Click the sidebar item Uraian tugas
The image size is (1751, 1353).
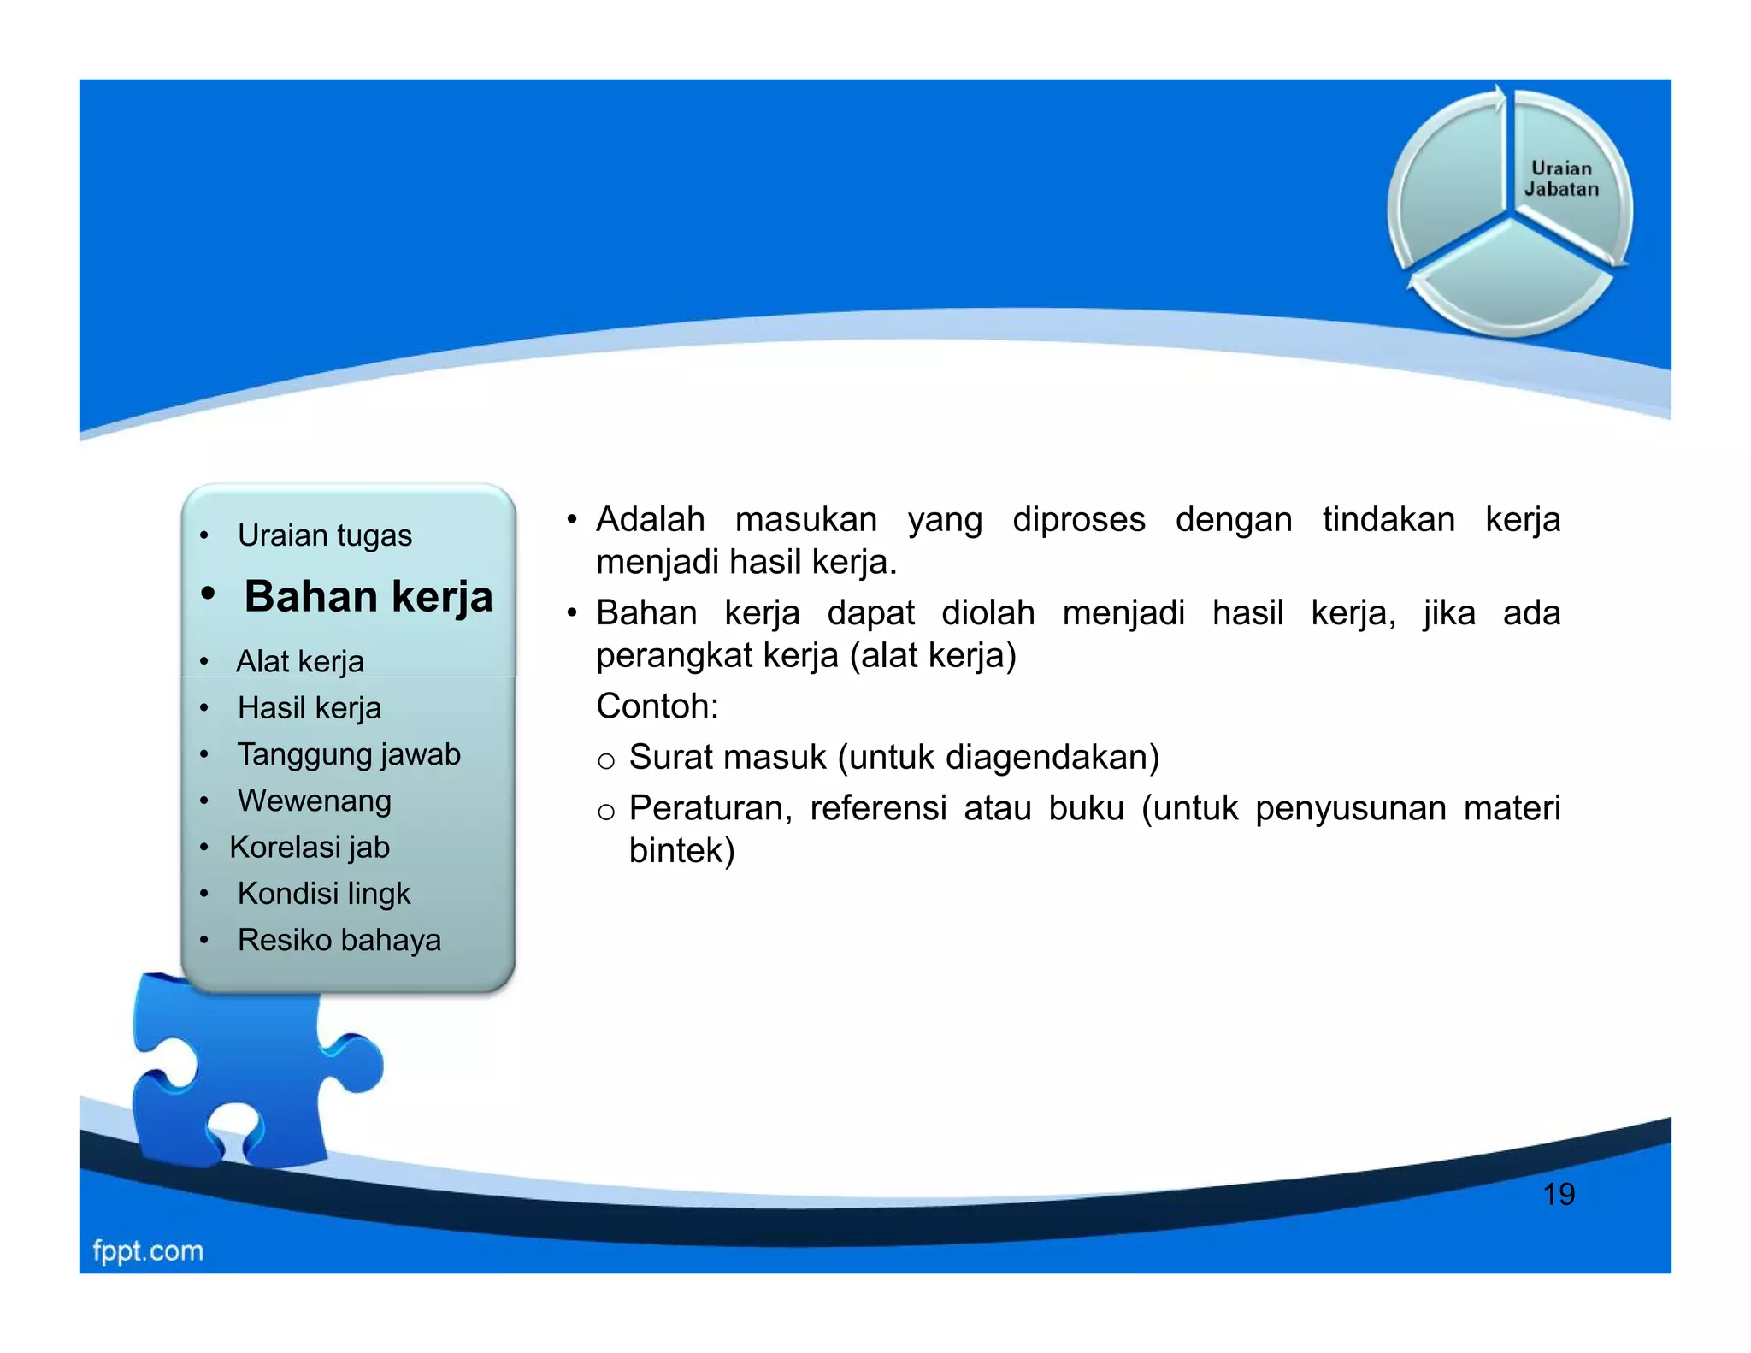coord(324,535)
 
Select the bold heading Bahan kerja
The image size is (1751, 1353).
coord(368,596)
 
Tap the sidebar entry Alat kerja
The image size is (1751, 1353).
coord(299,661)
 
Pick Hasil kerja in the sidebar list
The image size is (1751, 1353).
coord(309,708)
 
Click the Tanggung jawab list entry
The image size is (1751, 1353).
coord(349,754)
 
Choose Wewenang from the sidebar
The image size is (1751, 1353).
coord(314,801)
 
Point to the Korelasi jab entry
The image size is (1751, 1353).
coord(310,847)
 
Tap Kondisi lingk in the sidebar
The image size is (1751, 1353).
coord(324,893)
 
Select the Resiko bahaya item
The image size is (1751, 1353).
coord(339,940)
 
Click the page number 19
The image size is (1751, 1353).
coord(1558,1194)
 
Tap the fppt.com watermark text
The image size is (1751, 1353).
coord(148,1250)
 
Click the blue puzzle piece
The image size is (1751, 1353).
coord(248,1078)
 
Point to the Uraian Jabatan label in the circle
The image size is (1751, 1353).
coord(1561,179)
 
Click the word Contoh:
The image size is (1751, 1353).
coord(657,706)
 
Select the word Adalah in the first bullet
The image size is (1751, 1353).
coord(650,520)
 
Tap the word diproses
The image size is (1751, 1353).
coord(1078,520)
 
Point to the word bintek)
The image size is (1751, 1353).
coord(681,851)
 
